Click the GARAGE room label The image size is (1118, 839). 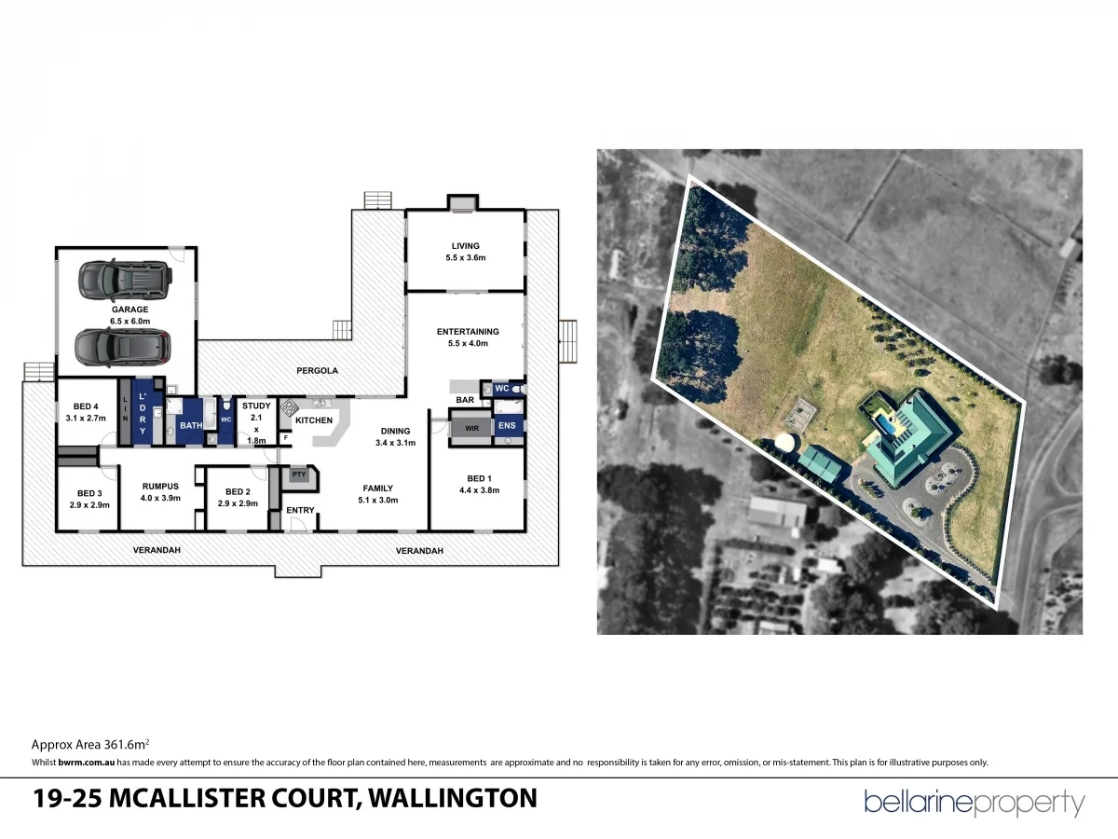pyautogui.click(x=130, y=309)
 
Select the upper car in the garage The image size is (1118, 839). pyautogui.click(x=125, y=277)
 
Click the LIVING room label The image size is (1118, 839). pyautogui.click(x=465, y=246)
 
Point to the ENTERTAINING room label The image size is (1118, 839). pyautogui.click(x=468, y=331)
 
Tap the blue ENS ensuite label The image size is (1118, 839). pyautogui.click(x=507, y=427)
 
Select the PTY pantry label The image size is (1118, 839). pyautogui.click(x=299, y=475)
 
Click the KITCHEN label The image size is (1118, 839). pyautogui.click(x=314, y=420)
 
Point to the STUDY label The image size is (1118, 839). pyautogui.click(x=256, y=406)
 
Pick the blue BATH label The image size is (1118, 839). pyautogui.click(x=191, y=426)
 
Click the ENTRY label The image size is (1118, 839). pyautogui.click(x=300, y=510)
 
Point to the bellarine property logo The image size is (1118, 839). pyautogui.click(x=974, y=803)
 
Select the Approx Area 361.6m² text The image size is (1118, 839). pyautogui.click(x=91, y=745)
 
